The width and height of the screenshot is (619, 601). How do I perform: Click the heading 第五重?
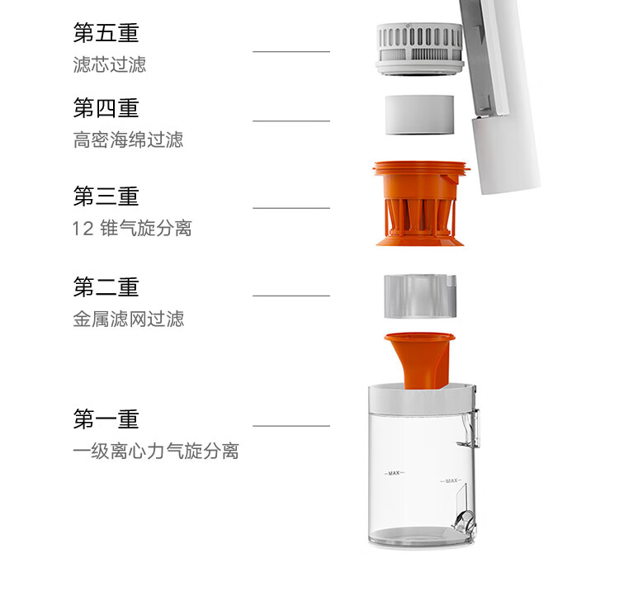(x=106, y=32)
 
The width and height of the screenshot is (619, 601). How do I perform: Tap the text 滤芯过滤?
(x=109, y=64)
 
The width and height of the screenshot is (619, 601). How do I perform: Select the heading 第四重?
(x=106, y=108)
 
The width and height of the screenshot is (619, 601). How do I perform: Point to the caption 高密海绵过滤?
(x=128, y=140)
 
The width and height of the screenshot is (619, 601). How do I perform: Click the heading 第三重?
(x=106, y=196)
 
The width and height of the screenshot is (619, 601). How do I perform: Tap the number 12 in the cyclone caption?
(x=83, y=229)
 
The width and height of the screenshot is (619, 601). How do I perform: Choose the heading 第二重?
(x=106, y=286)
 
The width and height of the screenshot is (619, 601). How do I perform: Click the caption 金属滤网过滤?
(x=128, y=319)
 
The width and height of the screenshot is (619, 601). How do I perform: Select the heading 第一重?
(x=106, y=419)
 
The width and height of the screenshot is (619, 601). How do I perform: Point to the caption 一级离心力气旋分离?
(x=156, y=451)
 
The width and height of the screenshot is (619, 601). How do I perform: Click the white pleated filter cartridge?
(x=418, y=49)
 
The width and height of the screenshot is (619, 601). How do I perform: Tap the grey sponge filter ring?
(x=419, y=115)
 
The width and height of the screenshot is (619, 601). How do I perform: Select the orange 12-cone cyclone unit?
(x=421, y=203)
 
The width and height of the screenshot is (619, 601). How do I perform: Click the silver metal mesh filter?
(x=420, y=296)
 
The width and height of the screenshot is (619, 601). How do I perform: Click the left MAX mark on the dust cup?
(x=395, y=473)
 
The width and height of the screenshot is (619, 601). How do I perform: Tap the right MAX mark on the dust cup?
(x=451, y=480)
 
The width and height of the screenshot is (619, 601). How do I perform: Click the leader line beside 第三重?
(x=291, y=208)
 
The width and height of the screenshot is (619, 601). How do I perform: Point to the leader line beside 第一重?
(x=291, y=426)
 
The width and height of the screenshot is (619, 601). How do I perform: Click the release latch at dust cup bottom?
(x=465, y=521)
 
